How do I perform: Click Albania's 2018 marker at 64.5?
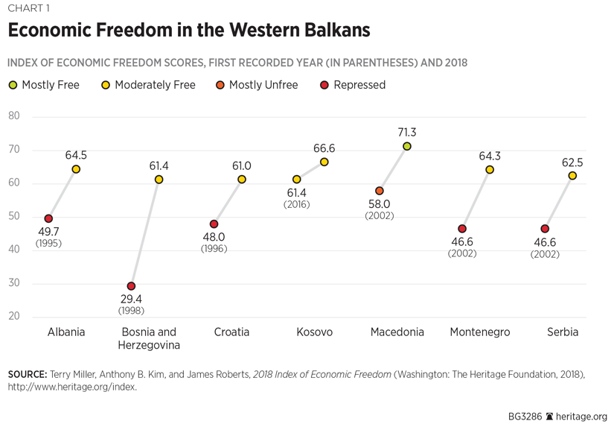pyautogui.click(x=76, y=169)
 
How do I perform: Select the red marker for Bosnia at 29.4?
pyautogui.click(x=131, y=286)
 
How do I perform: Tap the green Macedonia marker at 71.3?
pyautogui.click(x=407, y=147)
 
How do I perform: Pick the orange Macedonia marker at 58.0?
pyautogui.click(x=380, y=192)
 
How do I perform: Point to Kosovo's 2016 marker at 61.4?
pyautogui.click(x=297, y=180)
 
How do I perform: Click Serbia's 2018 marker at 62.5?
pyautogui.click(x=572, y=176)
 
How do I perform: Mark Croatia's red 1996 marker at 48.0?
pyautogui.click(x=214, y=224)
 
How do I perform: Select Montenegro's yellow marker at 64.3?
pyautogui.click(x=490, y=170)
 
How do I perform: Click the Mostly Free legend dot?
pyautogui.click(x=13, y=86)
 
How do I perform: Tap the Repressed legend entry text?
pyautogui.click(x=359, y=85)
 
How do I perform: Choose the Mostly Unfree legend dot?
pyautogui.click(x=220, y=86)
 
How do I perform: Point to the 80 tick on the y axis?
pyautogui.click(x=14, y=116)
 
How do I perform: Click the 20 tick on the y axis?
pyautogui.click(x=14, y=317)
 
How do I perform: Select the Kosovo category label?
pyautogui.click(x=314, y=332)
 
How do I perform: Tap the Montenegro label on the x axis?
pyautogui.click(x=480, y=332)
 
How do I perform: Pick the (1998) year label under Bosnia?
pyautogui.click(x=131, y=311)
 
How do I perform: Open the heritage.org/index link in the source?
pyautogui.click(x=72, y=387)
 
